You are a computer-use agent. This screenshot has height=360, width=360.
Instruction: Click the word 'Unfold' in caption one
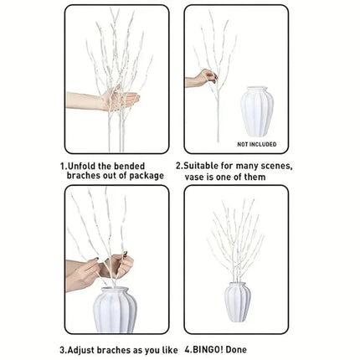87,167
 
